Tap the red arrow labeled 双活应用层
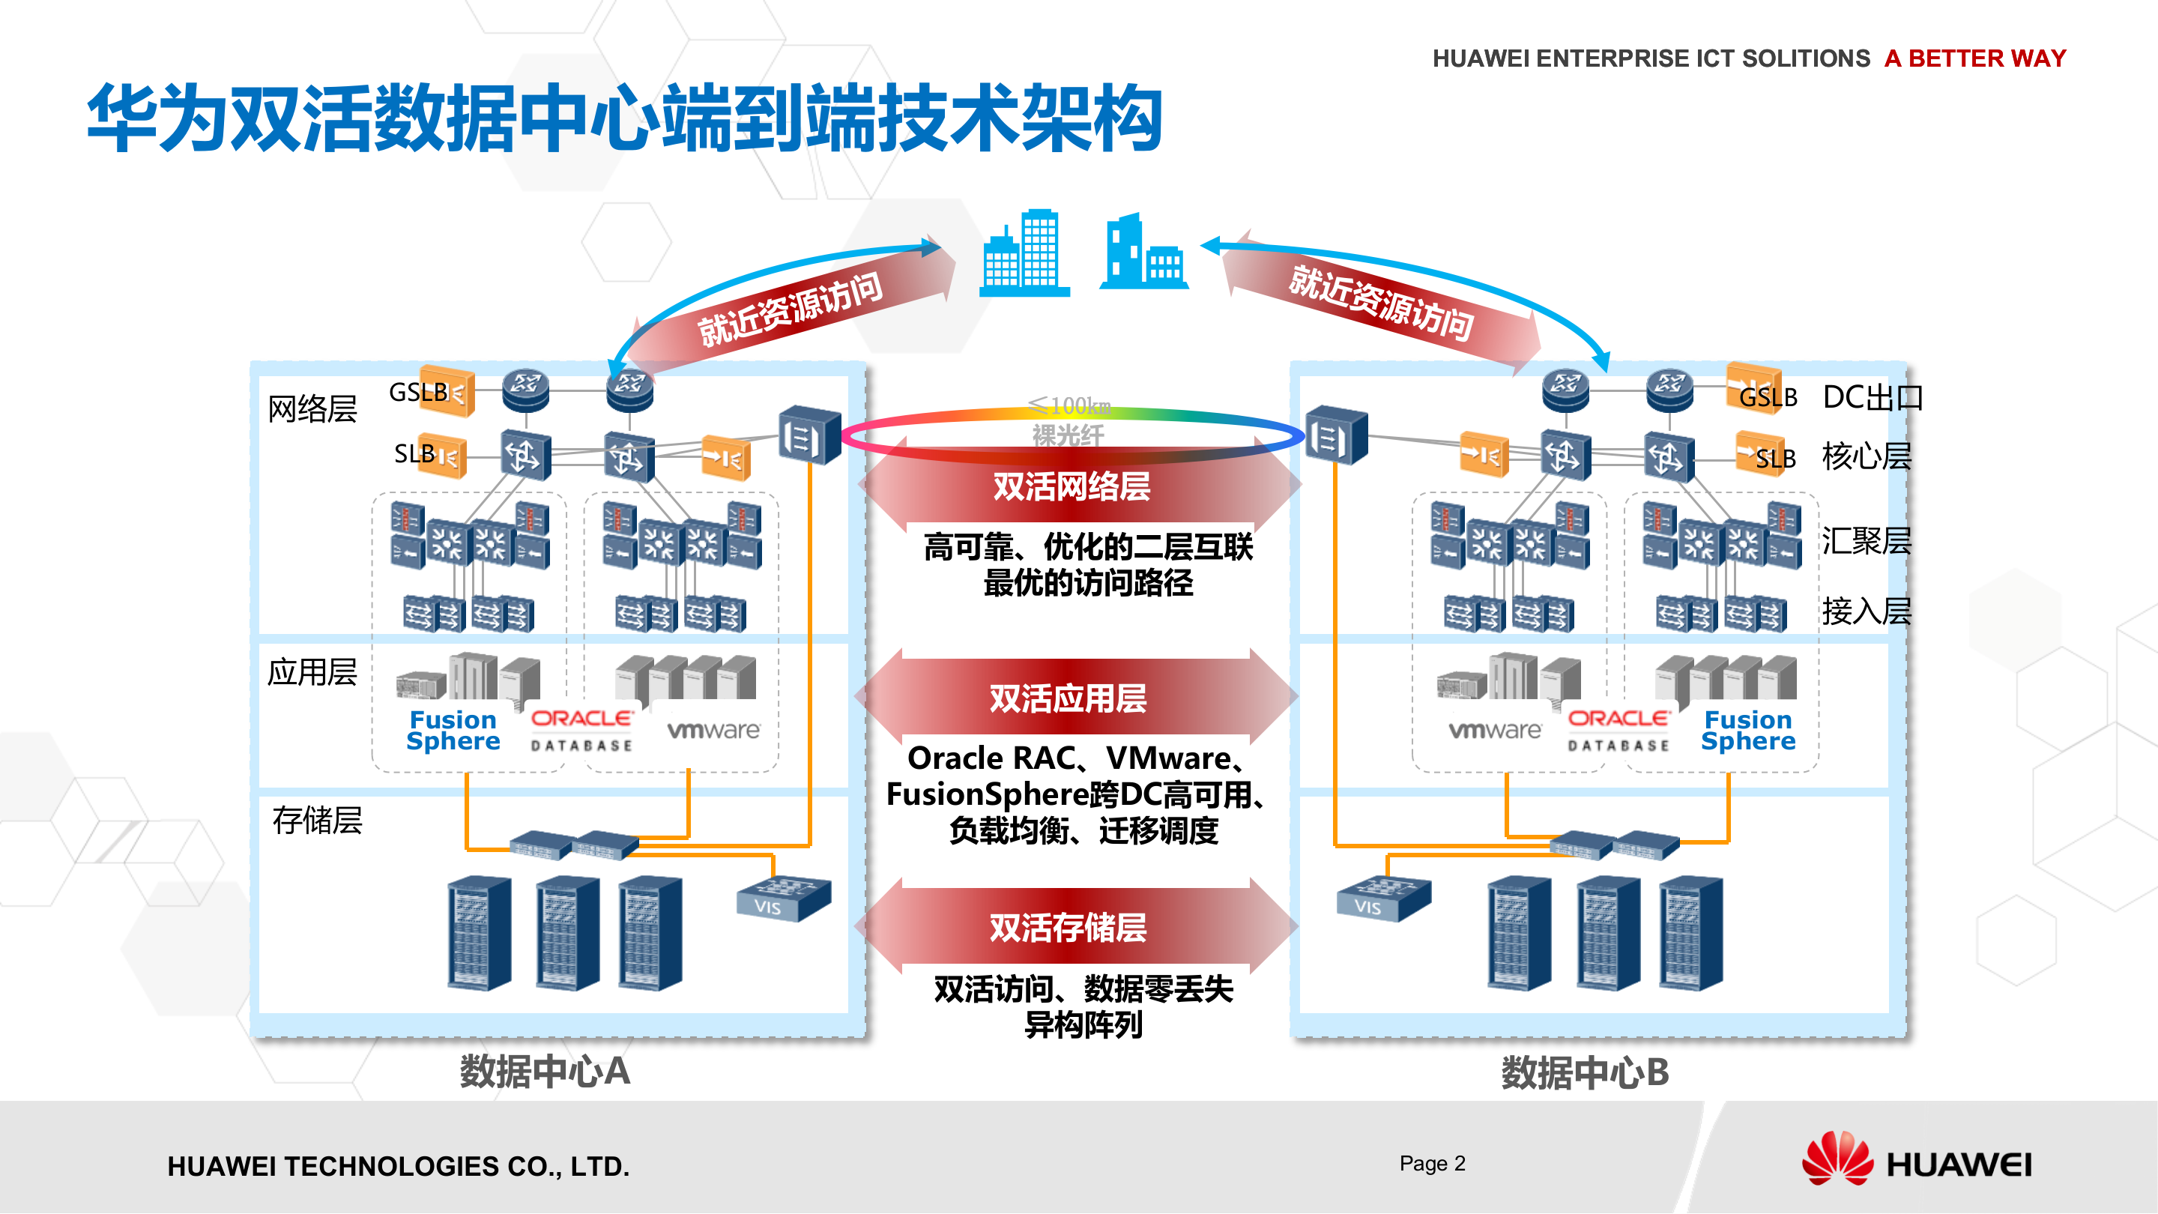point(1069,698)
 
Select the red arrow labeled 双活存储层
point(1069,928)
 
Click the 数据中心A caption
point(545,1072)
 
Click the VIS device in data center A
point(782,899)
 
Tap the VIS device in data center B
point(1382,899)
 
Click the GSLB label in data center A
point(418,392)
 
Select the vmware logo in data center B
point(1495,731)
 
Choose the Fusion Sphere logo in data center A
point(453,731)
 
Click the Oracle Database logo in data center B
point(1618,731)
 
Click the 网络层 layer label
point(312,409)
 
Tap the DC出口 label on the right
point(1873,397)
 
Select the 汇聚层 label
point(1867,541)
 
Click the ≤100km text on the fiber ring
point(1070,406)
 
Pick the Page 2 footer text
point(1432,1163)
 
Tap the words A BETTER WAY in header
point(1974,58)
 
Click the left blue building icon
point(1024,253)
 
